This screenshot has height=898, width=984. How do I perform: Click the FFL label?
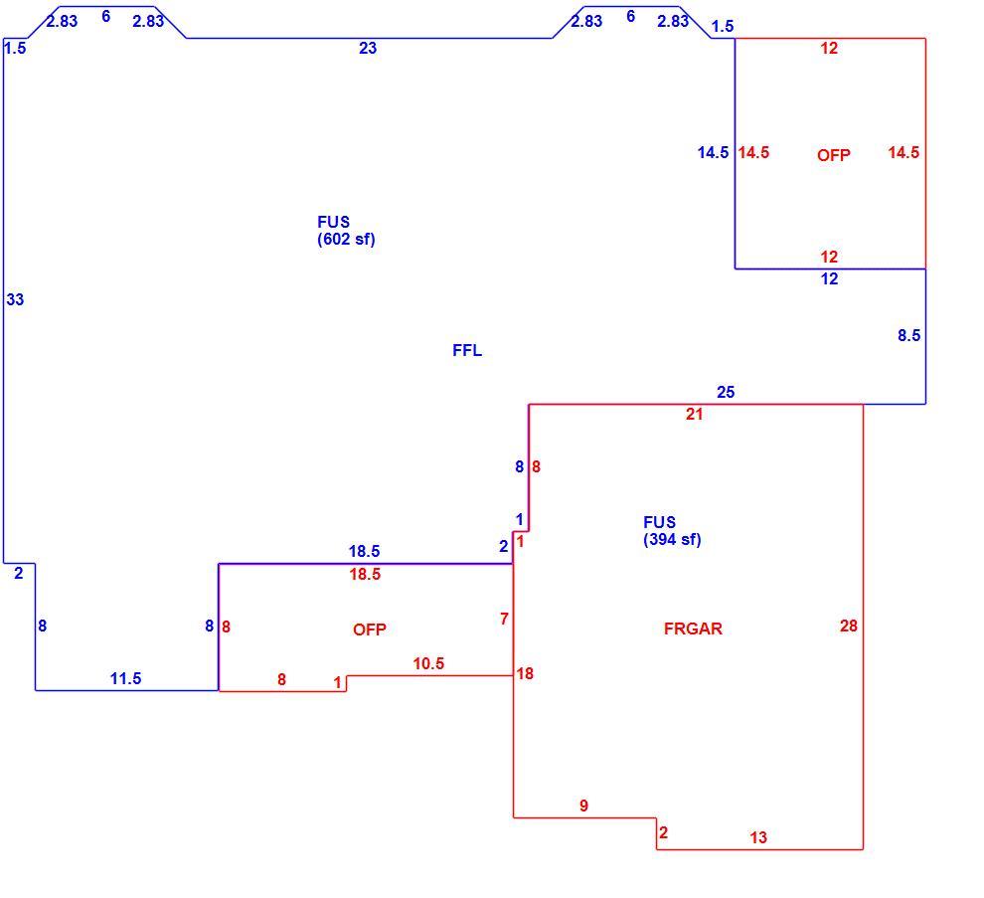point(467,350)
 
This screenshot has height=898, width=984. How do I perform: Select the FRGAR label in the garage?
point(693,629)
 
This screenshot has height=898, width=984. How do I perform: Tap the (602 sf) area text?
point(346,240)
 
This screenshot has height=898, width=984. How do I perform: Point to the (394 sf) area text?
point(672,539)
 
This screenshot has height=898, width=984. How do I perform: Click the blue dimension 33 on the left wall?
point(15,299)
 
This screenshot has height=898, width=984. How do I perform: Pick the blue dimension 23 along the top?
point(368,48)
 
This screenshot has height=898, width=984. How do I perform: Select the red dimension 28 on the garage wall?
point(849,626)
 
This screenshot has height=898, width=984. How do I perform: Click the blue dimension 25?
point(726,392)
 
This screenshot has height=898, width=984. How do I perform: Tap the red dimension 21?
point(694,414)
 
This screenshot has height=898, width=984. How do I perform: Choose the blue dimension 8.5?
point(908,335)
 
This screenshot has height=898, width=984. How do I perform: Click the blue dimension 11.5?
point(125,678)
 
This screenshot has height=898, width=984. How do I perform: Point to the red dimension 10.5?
point(428,663)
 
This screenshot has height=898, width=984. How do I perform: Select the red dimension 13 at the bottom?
point(758,837)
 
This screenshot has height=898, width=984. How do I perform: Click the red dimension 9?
point(583,806)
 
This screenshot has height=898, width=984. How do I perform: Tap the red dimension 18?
point(525,674)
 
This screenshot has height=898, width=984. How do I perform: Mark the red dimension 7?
point(504,619)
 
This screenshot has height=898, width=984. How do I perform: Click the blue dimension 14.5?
point(713,152)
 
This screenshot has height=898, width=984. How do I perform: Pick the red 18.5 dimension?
point(365,574)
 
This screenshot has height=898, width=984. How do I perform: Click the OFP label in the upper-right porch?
point(833,155)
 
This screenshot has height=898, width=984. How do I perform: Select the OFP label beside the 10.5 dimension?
point(369,629)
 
